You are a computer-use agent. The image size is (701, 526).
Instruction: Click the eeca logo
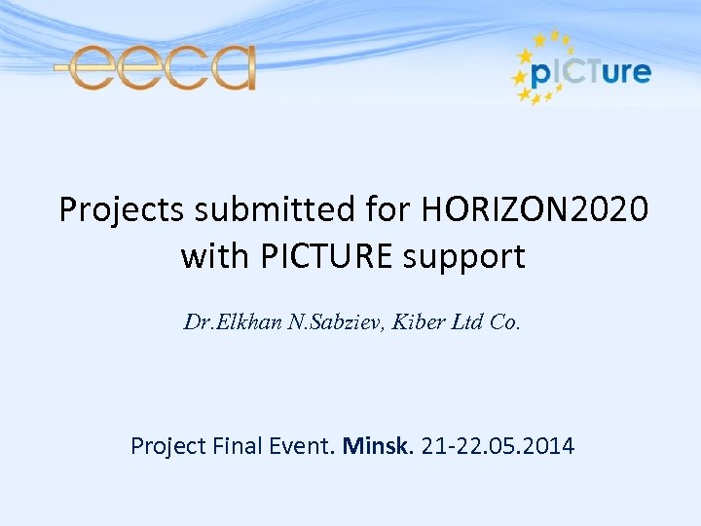156,67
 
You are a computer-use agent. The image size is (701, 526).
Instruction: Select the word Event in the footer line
305,446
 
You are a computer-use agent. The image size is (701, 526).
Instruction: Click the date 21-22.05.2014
498,446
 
